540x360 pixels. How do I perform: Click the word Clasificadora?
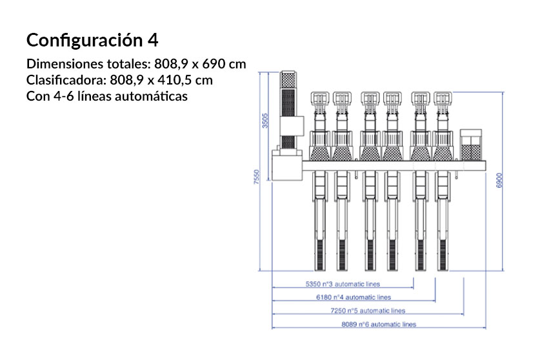pyautogui.click(x=66, y=80)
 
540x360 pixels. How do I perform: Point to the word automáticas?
pyautogui.click(x=151, y=96)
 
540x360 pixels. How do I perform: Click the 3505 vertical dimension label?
pyautogui.click(x=265, y=121)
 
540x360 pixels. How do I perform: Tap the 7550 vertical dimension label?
pyautogui.click(x=256, y=177)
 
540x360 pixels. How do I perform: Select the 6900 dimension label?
pyautogui.click(x=499, y=180)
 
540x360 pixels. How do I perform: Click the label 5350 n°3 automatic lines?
pyautogui.click(x=343, y=284)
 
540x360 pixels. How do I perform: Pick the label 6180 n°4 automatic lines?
pyautogui.click(x=354, y=297)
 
